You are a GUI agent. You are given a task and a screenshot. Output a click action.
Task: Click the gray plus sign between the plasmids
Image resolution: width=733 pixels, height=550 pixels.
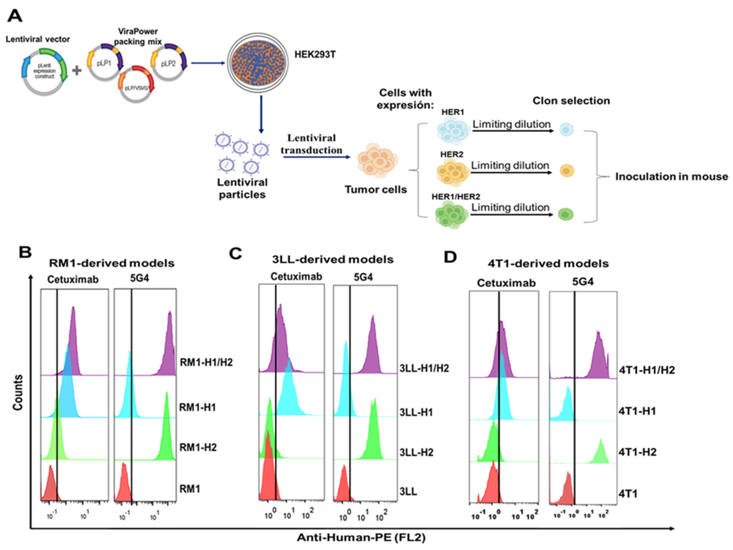[x=77, y=70]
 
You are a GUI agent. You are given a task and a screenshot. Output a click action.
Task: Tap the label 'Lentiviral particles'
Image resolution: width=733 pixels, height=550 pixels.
[x=242, y=188]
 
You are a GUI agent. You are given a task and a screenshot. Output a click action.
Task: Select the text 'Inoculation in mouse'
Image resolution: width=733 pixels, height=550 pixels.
[x=671, y=177]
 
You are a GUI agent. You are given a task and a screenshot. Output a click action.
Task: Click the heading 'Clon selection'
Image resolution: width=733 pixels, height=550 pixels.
[x=571, y=101]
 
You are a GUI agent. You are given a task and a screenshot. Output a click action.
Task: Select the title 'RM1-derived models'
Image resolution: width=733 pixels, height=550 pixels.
[x=112, y=263]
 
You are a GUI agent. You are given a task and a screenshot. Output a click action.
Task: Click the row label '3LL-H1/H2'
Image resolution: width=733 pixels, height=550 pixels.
[x=424, y=368]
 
